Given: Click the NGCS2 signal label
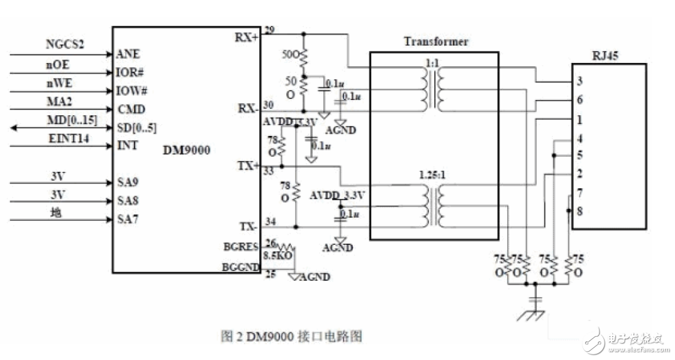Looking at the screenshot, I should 65,45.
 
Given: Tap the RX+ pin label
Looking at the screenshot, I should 246,37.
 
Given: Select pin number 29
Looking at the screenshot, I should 270,30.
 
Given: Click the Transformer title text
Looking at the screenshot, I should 436,42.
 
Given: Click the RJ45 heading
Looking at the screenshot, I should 605,55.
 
